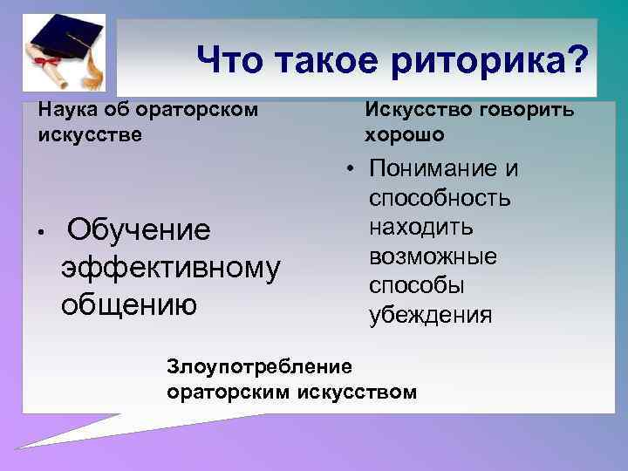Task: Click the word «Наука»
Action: click(64, 111)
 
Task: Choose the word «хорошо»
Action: click(404, 135)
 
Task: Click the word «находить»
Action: click(420, 228)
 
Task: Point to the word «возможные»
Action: click(433, 256)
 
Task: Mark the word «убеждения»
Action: click(430, 315)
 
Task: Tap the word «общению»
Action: click(129, 304)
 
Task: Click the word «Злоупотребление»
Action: click(260, 363)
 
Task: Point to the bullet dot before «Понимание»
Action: click(347, 168)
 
